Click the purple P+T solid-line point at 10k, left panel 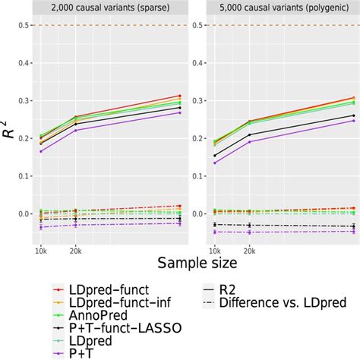pyautogui.click(x=41, y=151)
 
